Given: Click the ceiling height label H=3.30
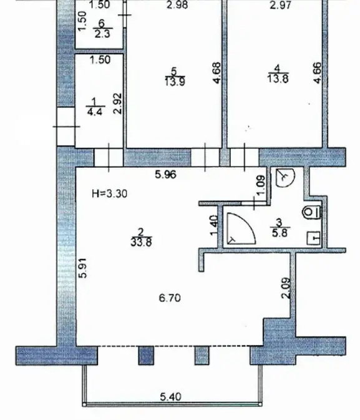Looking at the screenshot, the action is [109, 193].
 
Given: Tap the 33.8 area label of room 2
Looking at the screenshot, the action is [141, 242].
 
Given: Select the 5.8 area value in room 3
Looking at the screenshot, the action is [280, 233].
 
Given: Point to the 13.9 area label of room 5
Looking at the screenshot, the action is [175, 81].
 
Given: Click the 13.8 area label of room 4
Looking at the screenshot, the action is [278, 79].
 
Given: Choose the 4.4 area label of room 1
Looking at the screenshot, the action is [95, 112].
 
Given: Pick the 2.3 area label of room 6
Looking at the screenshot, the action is [102, 34].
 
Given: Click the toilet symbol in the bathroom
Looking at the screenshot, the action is [311, 212].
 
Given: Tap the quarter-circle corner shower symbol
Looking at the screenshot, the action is [241, 228].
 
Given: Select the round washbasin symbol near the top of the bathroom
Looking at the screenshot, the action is [285, 178].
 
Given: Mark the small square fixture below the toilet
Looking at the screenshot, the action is [314, 238].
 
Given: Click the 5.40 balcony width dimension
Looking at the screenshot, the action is [170, 396].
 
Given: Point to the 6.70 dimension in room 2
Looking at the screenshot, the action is [170, 298].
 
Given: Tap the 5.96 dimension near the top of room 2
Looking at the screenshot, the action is [166, 175].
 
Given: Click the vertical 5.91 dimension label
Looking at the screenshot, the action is [83, 268].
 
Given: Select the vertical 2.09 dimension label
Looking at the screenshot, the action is [286, 288].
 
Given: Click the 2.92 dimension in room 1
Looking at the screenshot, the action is [117, 104].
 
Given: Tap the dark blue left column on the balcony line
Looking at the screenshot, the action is [146, 356].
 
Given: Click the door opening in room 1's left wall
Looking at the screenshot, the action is [66, 127].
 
